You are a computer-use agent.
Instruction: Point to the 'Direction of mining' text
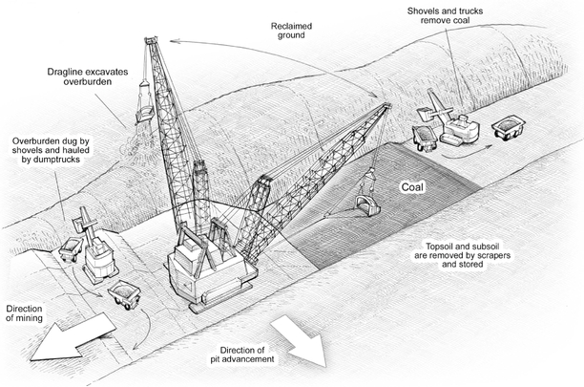[25, 314]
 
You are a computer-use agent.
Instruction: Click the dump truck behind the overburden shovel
[71, 250]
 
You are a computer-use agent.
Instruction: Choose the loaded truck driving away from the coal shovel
[506, 126]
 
